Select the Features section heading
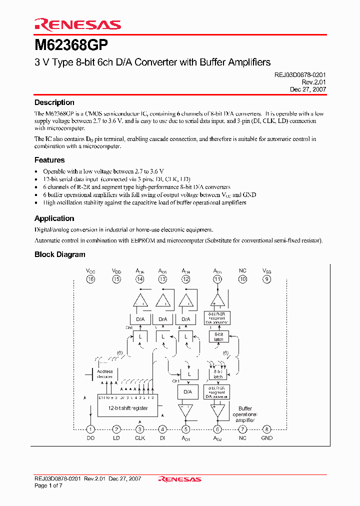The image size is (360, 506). [49, 160]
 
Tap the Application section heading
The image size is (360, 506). [54, 218]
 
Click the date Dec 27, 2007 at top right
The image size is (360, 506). [308, 89]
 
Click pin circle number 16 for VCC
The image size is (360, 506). [90, 279]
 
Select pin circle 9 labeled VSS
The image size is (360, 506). [267, 279]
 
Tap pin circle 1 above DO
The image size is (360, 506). [90, 429]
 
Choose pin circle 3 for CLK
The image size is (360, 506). [140, 429]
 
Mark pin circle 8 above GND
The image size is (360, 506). [267, 429]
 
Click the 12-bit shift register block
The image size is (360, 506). [128, 407]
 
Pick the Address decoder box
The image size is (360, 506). [104, 374]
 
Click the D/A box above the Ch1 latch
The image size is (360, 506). [187, 391]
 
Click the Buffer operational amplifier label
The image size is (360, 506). [245, 414]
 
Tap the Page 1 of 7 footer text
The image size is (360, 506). [48, 485]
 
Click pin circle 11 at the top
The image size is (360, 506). [217, 279]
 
